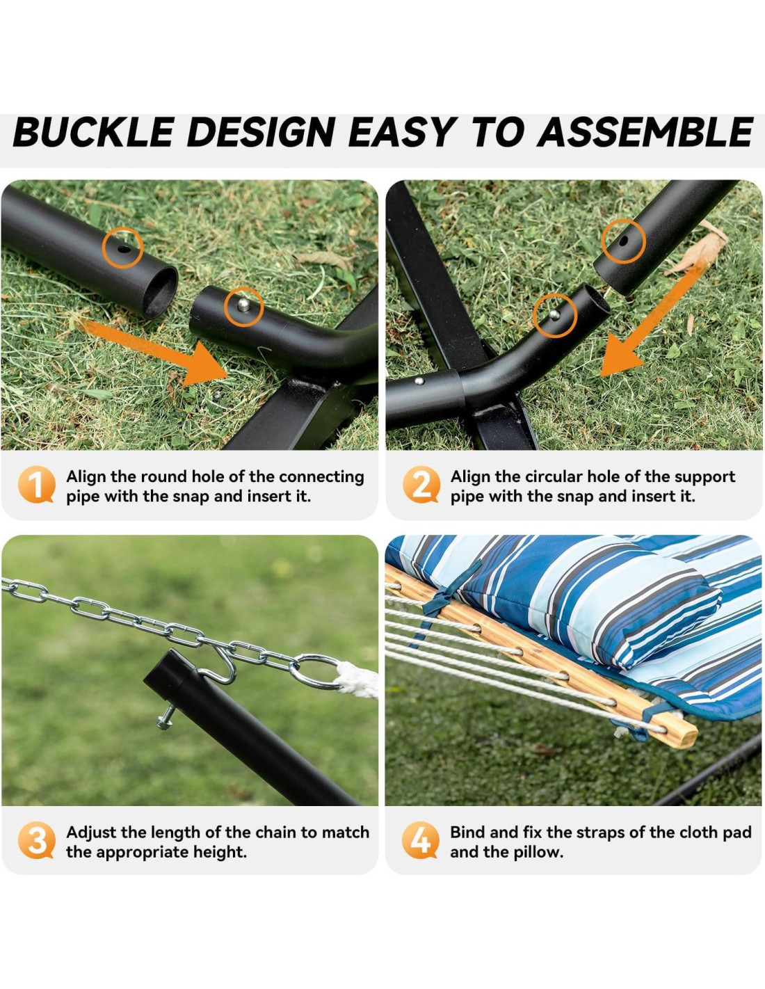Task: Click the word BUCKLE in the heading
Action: click(92, 132)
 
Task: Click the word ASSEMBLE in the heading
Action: click(645, 132)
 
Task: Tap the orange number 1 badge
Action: click(36, 485)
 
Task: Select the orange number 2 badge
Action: click(421, 485)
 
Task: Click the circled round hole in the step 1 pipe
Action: click(123, 249)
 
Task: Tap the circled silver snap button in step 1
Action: click(244, 305)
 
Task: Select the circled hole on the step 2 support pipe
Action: click(623, 241)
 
